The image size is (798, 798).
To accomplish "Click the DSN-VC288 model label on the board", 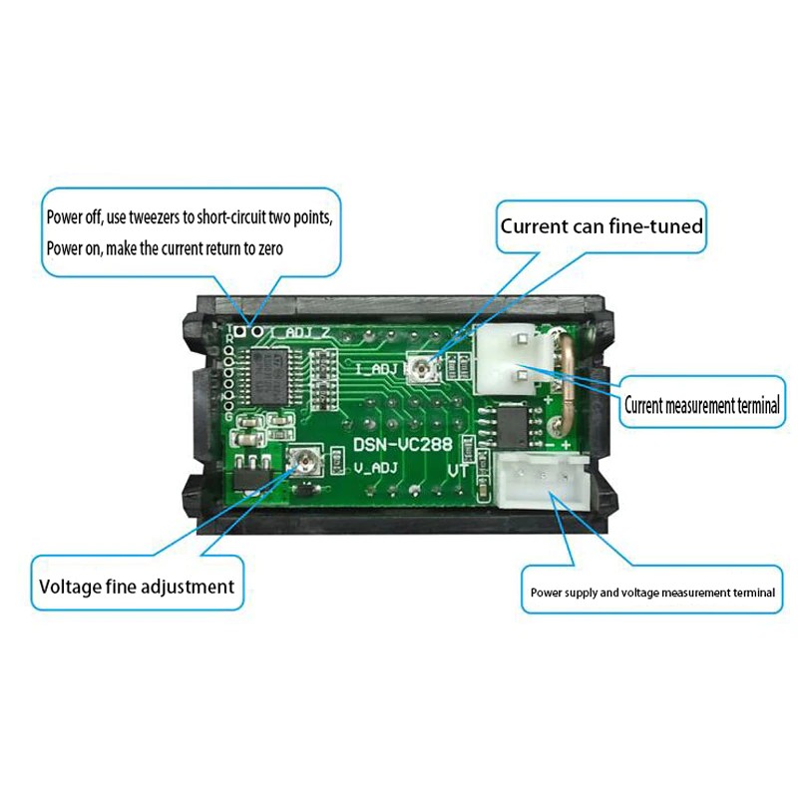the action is pos(403,444).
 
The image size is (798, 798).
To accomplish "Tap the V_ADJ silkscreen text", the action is pos(375,468).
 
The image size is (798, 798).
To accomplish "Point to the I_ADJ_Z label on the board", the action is pos(301,332).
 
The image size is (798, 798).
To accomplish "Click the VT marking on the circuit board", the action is pos(458,471).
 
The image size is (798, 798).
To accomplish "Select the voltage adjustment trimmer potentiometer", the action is pos(305,461).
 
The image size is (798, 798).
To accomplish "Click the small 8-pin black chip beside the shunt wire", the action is pos(511,426).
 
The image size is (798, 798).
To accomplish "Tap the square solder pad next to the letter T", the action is pos(241,331).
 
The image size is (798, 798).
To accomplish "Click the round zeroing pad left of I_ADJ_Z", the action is pos(258,331).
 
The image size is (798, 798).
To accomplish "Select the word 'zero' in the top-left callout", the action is pos(270,248).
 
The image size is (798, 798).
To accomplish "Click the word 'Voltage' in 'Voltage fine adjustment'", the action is pos(70,587).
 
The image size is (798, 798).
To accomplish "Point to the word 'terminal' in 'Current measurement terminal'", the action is pos(758,406).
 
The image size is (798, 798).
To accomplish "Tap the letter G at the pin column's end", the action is pos(229,416).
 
